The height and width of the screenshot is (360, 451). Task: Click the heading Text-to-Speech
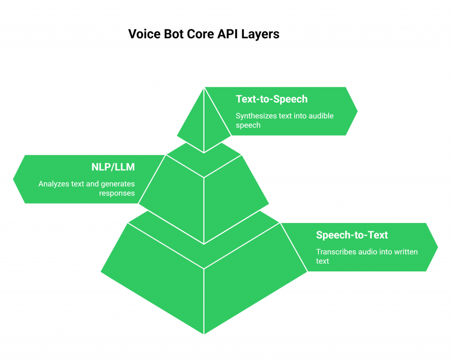pos(271,99)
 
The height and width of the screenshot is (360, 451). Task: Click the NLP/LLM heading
pos(113,167)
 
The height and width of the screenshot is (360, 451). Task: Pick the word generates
pos(119,184)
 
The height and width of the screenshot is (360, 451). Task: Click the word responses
pos(117,193)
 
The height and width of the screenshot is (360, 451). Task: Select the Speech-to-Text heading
pos(352,235)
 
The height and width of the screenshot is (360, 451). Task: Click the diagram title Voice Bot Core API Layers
pos(204,34)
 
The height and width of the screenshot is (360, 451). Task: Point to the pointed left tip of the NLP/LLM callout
pos(12,179)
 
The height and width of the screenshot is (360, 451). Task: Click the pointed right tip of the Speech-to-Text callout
pos(439,247)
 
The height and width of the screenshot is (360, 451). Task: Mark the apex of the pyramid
pos(204,87)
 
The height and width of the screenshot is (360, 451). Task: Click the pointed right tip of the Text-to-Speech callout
pos(359,111)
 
